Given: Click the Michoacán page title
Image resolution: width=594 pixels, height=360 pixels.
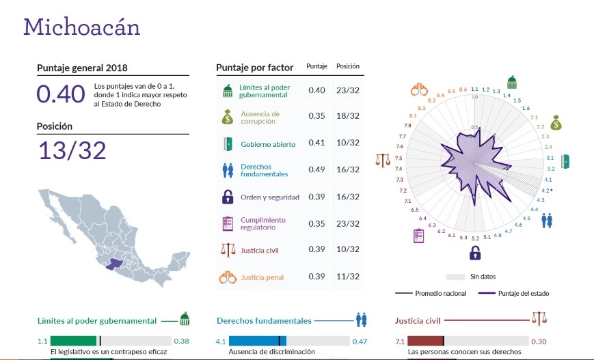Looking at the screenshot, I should click(x=82, y=27).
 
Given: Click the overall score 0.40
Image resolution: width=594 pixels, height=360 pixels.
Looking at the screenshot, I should click(x=60, y=94).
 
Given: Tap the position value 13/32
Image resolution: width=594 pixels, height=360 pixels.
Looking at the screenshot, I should click(x=72, y=150).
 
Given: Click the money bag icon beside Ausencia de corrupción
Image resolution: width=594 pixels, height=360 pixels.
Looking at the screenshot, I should click(x=228, y=117).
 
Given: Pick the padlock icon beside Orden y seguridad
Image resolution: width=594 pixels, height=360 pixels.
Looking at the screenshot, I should click(x=228, y=197).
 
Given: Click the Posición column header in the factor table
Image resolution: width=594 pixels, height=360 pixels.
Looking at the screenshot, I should click(x=347, y=66).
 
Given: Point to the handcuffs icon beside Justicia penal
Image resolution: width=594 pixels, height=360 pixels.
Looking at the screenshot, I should click(x=228, y=277).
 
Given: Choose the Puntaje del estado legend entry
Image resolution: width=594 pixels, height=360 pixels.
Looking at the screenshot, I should click(x=515, y=293).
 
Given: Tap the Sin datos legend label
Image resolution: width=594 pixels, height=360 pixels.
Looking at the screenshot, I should click(x=483, y=277).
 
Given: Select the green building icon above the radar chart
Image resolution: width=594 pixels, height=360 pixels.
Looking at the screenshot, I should click(x=511, y=82).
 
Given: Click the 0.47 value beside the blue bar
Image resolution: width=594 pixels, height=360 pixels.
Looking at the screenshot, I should click(x=360, y=341).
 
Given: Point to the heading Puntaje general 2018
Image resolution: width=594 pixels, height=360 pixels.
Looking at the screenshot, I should click(x=82, y=68).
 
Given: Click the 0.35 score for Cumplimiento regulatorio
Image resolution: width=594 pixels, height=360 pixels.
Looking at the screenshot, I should click(x=316, y=223).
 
